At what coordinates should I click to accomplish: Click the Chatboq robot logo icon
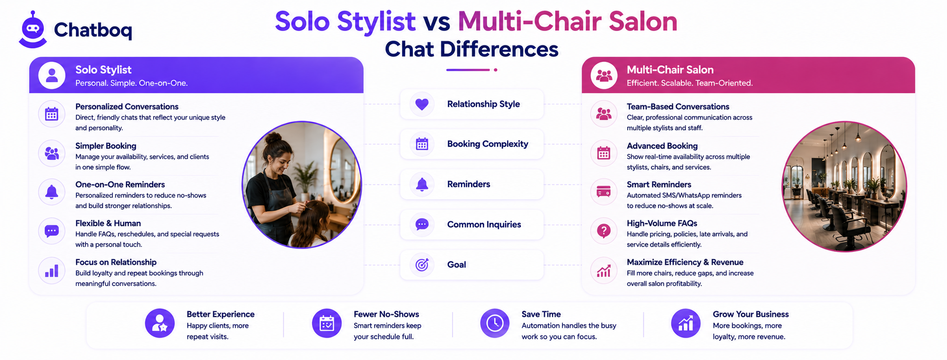[33, 30]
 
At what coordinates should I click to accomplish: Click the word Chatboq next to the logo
[93, 30]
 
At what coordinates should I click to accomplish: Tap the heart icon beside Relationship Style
[422, 104]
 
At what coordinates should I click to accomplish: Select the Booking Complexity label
[487, 144]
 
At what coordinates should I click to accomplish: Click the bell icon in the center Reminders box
[422, 184]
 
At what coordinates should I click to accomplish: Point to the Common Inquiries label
[484, 224]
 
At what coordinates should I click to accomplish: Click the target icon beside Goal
[422, 265]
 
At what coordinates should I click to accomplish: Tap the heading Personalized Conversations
[127, 107]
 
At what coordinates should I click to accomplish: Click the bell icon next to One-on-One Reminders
[52, 192]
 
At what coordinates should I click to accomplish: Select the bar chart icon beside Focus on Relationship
[52, 271]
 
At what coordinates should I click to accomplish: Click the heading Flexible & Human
[108, 224]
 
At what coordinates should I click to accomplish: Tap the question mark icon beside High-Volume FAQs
[604, 231]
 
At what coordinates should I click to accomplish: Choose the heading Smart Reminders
[659, 184]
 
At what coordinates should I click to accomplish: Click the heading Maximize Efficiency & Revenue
[685, 262]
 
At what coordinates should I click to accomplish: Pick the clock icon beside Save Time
[495, 323]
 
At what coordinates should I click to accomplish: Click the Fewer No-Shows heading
[386, 314]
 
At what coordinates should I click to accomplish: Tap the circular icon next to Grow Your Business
[686, 323]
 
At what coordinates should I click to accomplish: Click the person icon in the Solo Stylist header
[52, 75]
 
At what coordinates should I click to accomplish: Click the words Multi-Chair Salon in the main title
[568, 21]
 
